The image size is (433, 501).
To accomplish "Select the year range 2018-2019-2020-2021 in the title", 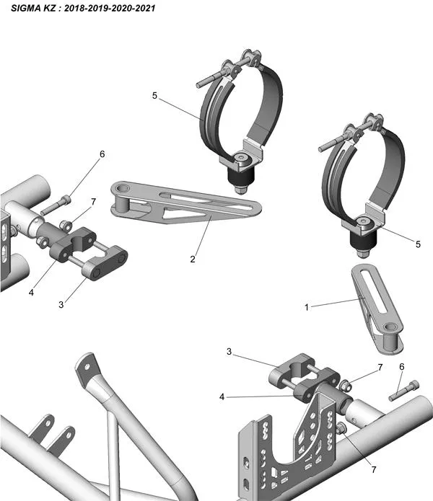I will (x=108, y=9).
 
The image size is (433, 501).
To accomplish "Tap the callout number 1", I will (x=307, y=306).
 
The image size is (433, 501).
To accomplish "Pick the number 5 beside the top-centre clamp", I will (x=154, y=94).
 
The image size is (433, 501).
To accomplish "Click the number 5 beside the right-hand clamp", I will (x=418, y=244).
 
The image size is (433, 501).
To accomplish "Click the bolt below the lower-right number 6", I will (x=403, y=390).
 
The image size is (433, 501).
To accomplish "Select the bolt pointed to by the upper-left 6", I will (x=54, y=206).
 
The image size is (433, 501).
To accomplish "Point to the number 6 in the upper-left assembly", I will (x=102, y=154).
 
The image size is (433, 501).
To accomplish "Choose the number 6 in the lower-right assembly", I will (x=401, y=367).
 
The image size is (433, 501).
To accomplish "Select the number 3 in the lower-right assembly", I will (x=228, y=352).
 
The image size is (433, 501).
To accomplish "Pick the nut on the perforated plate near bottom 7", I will (x=341, y=430).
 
